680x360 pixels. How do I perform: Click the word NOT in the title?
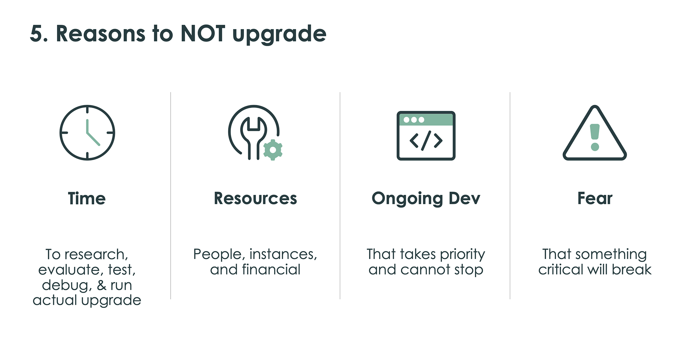pos(203,34)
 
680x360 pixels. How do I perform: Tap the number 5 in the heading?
pos(36,34)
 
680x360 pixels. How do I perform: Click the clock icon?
pos(87,133)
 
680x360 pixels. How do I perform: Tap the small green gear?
pos(273,150)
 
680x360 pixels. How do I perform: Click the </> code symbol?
pos(426,141)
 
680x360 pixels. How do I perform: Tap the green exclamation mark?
pos(595,137)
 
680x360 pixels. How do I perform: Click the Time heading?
pos(87,198)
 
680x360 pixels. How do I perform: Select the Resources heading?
pos(255,198)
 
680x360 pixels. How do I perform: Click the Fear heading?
pos(595,198)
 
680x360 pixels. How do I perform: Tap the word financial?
pos(271,270)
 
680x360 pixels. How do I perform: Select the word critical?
pos(561,270)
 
